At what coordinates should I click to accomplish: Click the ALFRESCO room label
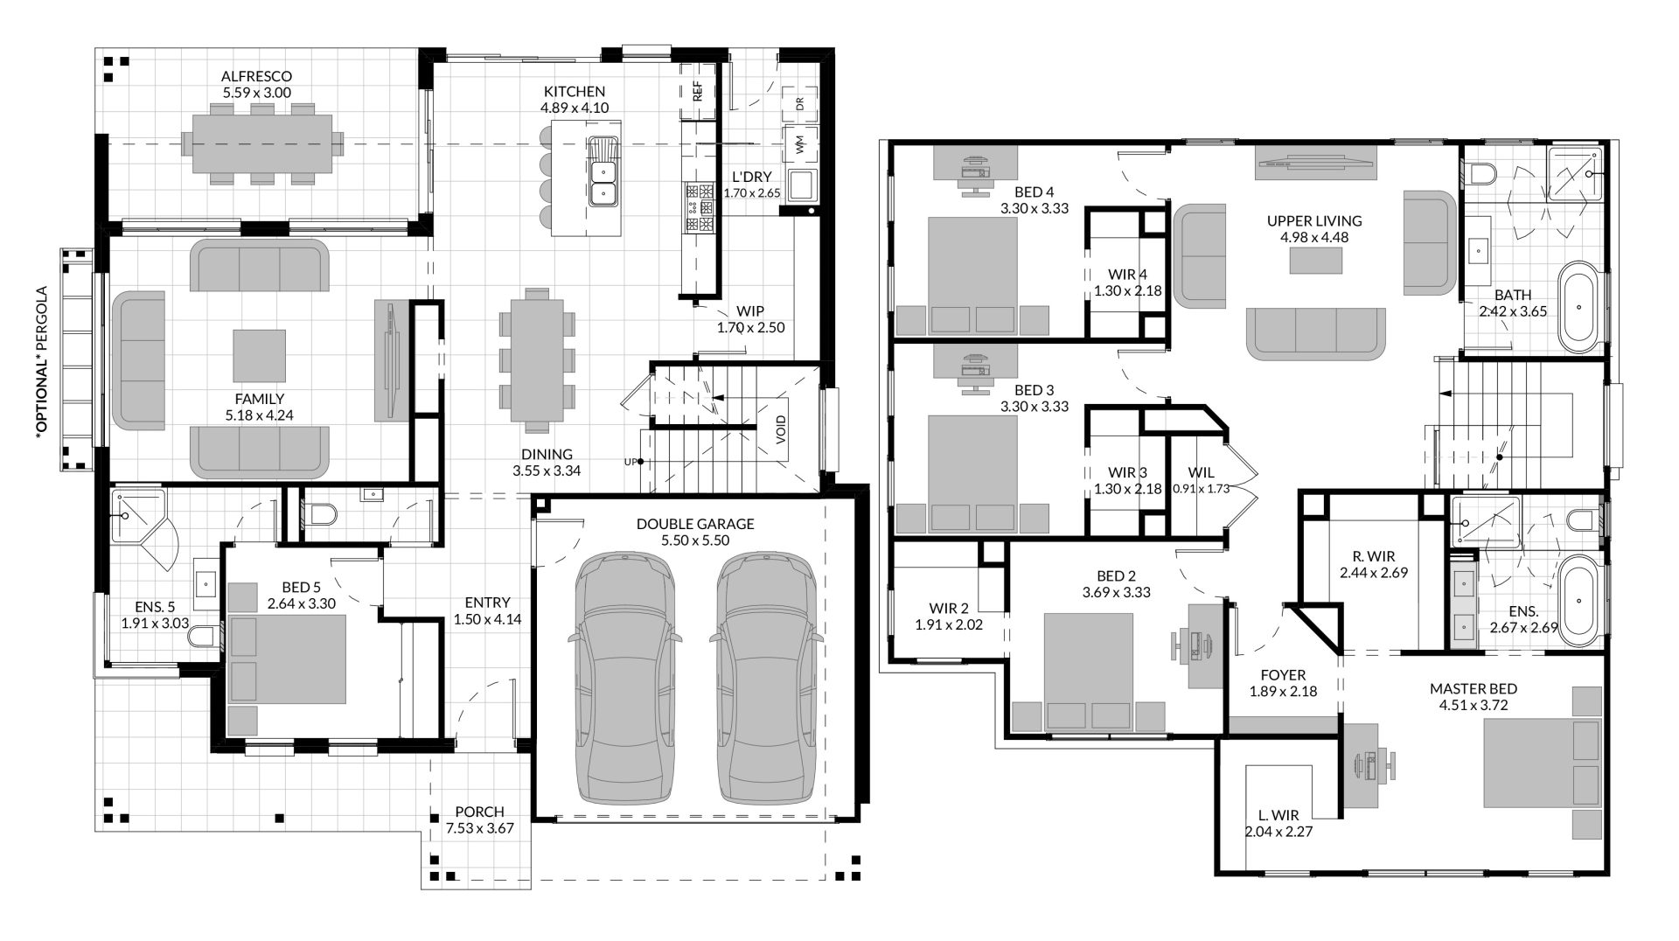pyautogui.click(x=256, y=76)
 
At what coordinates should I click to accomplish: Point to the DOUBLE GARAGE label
pyautogui.click(x=695, y=524)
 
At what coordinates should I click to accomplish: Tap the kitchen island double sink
pyautogui.click(x=603, y=171)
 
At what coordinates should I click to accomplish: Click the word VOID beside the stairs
pyautogui.click(x=781, y=429)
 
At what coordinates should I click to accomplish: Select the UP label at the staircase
pyautogui.click(x=630, y=462)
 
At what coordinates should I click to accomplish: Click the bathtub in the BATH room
pyautogui.click(x=1581, y=307)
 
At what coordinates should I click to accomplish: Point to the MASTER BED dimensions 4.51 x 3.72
pyautogui.click(x=1473, y=705)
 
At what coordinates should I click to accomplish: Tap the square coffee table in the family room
pyautogui.click(x=259, y=356)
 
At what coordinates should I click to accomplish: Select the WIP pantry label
pyautogui.click(x=750, y=311)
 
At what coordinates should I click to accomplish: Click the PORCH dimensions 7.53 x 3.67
pyautogui.click(x=479, y=828)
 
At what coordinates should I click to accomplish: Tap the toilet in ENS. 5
pyautogui.click(x=203, y=636)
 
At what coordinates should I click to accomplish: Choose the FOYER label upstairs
pyautogui.click(x=1283, y=675)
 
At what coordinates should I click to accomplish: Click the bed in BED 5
pyautogui.click(x=288, y=659)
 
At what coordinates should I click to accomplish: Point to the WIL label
pyautogui.click(x=1201, y=472)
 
